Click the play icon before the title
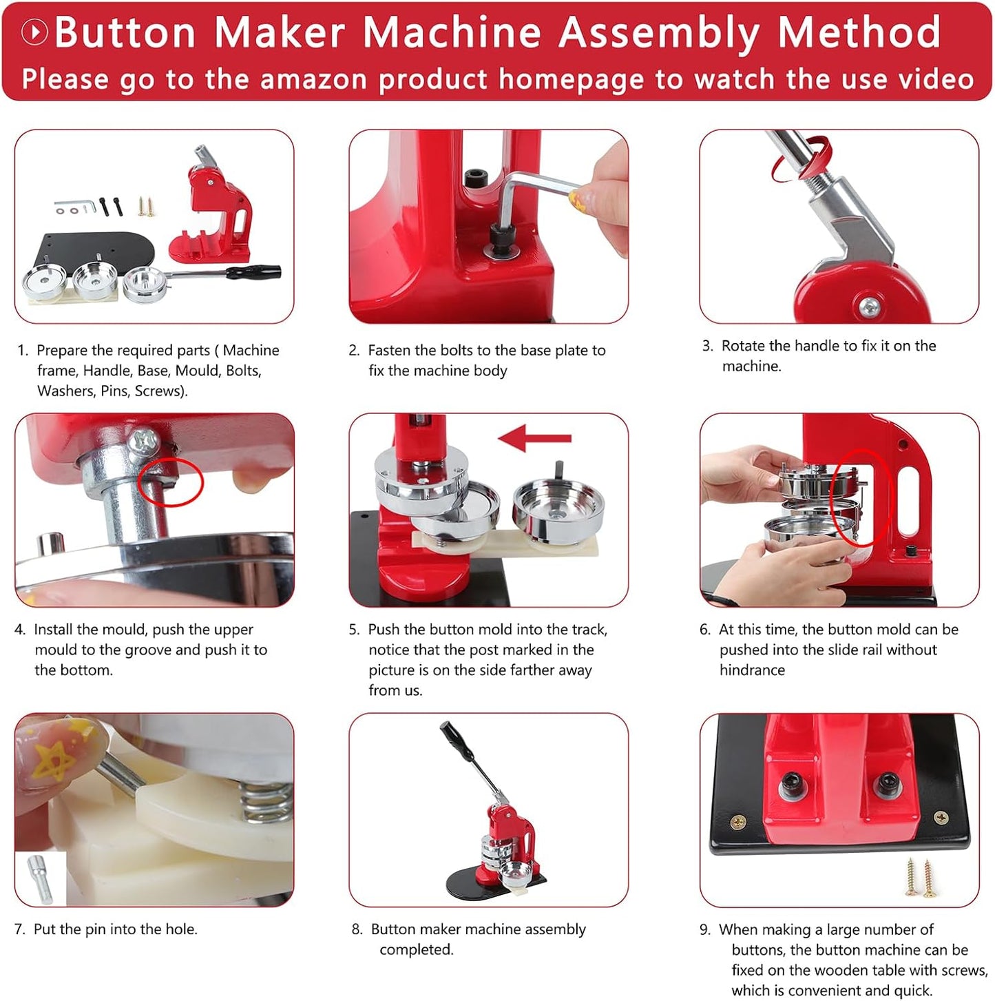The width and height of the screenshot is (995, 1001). click(34, 32)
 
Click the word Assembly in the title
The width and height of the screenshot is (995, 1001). click(658, 32)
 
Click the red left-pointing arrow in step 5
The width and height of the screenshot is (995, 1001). click(534, 438)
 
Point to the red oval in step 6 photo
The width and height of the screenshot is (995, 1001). click(860, 497)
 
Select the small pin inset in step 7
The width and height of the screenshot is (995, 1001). click(40, 879)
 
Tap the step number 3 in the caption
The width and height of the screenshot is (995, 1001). click(706, 346)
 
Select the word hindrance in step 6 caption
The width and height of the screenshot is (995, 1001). click(752, 670)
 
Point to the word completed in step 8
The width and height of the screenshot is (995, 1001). click(416, 949)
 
